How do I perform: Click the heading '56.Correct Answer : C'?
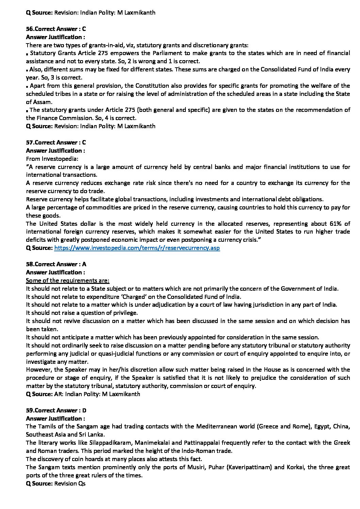[56, 29]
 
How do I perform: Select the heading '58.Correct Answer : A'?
[56, 264]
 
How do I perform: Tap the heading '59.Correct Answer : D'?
[56, 410]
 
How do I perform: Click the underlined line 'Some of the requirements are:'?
[68, 281]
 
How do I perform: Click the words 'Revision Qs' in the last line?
[70, 483]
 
